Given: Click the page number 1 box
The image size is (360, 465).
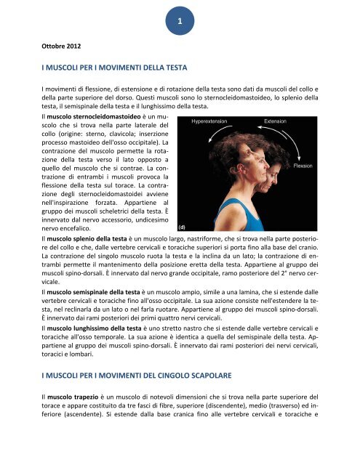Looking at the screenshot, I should coord(179,23).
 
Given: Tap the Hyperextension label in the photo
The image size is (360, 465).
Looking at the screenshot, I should coord(212,121).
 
